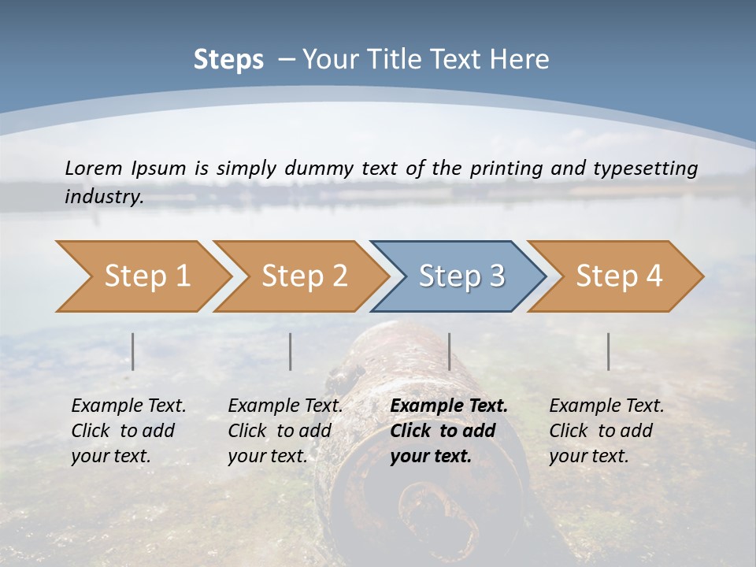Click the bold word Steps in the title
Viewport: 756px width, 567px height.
tap(228, 59)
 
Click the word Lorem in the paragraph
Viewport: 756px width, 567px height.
tap(94, 168)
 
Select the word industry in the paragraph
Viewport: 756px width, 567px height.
tap(103, 197)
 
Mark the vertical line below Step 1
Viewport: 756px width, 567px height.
tap(133, 351)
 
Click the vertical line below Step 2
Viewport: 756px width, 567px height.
tap(291, 351)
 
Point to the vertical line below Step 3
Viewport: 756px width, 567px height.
tap(450, 351)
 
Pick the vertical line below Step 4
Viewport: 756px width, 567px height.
tap(609, 351)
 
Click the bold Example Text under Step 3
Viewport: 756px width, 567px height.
tap(449, 406)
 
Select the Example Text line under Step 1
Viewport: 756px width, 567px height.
tap(128, 406)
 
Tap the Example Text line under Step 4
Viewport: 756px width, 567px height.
tap(606, 406)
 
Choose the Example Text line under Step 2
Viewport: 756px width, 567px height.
tap(285, 406)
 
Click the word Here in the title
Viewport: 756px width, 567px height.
tap(520, 59)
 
